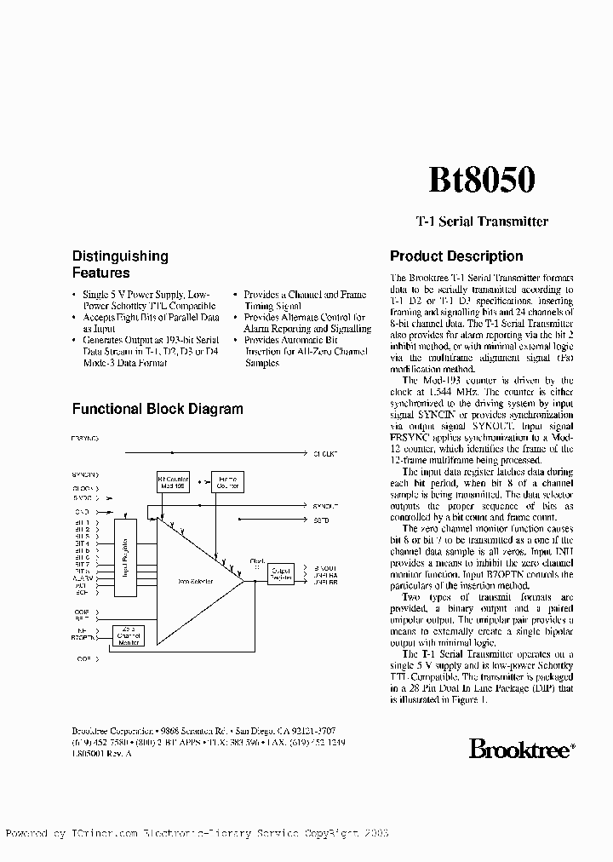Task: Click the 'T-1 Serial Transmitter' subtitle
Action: pos(481,221)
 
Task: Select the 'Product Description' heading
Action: pos(455,256)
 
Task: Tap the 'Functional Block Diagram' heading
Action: pos(158,409)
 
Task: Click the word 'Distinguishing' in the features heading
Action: pos(120,256)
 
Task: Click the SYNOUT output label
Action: pos(326,506)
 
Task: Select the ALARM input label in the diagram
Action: pos(83,578)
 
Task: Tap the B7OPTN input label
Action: pos(83,636)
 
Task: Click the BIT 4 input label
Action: pos(82,543)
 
